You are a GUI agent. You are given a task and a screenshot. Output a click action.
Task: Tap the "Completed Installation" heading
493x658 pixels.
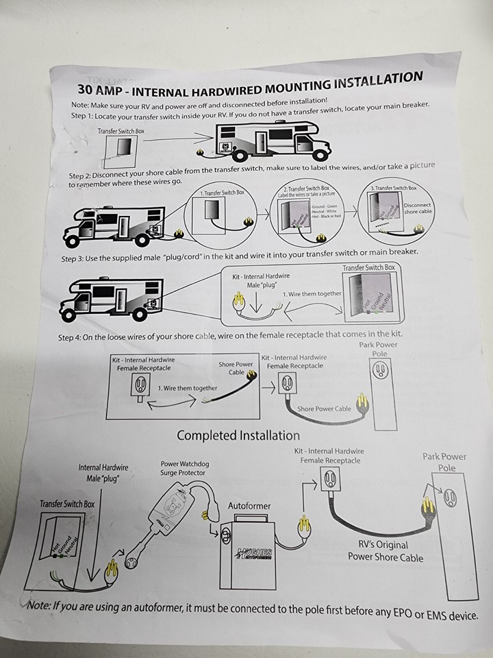point(238,435)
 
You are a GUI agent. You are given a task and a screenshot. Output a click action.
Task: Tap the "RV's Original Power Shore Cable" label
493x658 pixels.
point(386,551)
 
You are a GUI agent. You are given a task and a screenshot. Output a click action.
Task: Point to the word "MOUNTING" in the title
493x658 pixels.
point(291,84)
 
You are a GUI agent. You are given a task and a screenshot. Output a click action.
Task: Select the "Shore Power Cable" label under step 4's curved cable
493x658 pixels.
point(325,409)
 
